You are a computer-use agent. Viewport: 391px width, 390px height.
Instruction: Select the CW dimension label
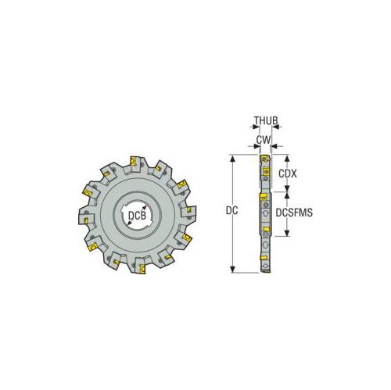click(x=264, y=141)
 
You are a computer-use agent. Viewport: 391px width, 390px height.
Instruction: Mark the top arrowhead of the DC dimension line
click(x=232, y=156)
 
